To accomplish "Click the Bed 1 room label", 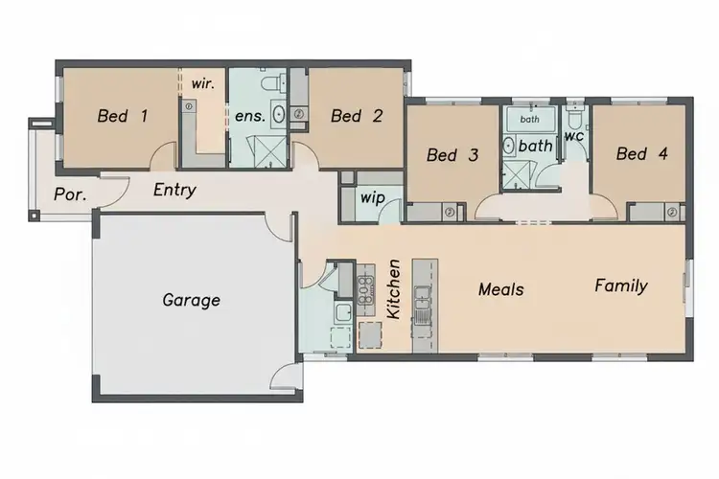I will coord(123,117).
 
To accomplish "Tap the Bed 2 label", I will coord(357,117).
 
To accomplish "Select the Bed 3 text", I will coord(452,155).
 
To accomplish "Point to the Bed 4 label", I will coord(642,153).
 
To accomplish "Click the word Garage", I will coord(191,300).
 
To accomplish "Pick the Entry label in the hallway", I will coord(174,190).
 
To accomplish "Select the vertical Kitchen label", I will coord(393,288).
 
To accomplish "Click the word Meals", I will coord(501,287).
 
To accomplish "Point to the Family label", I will coord(620,285).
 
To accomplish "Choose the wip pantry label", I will coord(371,198).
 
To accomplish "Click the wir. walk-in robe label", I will coord(203,83).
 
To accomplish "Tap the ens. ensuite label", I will coord(249,117).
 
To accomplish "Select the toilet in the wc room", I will coord(574,119).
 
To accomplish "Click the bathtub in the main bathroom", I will coord(529,119).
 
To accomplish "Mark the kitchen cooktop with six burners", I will coord(365,289).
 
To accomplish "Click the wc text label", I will coord(573,137).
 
